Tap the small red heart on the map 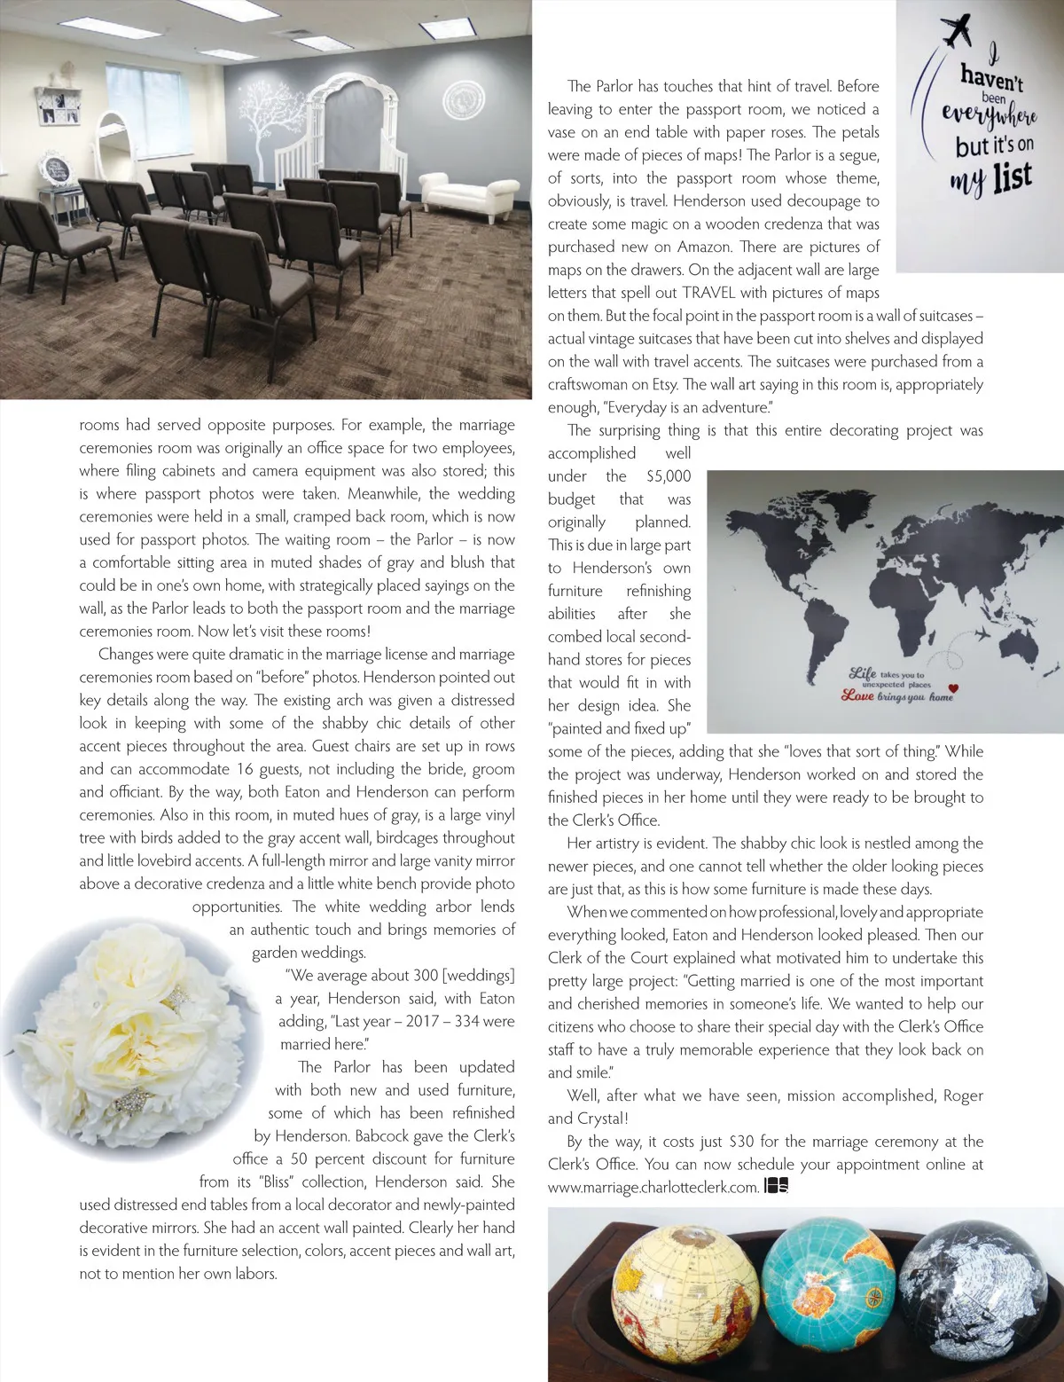953,687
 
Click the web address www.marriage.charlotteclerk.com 653,1188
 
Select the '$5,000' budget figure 669,476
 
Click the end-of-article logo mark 776,1187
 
